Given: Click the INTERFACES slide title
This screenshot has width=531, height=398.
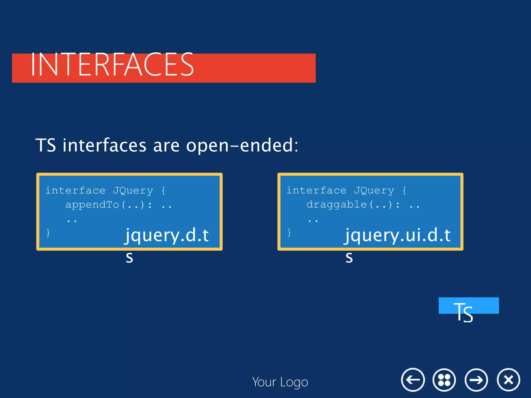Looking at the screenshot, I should pos(112,65).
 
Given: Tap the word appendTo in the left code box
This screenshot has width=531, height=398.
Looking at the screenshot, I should pos(92,205).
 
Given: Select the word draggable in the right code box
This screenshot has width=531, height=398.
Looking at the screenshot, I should pos(337,205).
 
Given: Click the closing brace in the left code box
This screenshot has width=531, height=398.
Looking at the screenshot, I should pos(48,232).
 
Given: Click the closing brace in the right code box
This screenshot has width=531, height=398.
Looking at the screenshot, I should pos(289,232).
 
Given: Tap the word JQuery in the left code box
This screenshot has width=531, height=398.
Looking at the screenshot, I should pos(133,191).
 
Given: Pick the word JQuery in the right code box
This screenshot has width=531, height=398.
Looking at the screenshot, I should pos(374,191).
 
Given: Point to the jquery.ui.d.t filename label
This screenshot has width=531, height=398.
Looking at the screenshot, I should pos(397,235).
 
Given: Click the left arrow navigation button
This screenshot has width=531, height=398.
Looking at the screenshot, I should pos(413,380).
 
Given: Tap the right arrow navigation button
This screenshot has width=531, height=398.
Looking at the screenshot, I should pos(476,380).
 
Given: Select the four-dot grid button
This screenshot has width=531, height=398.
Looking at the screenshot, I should pos(444,380).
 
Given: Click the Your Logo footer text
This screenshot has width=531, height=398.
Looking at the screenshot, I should pos(280,382).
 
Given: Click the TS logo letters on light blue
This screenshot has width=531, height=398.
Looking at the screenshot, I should pos(463,312).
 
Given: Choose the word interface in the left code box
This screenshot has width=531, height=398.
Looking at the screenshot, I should pos(75,191).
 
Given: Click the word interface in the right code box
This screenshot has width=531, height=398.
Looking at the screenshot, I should pos(316,191).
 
